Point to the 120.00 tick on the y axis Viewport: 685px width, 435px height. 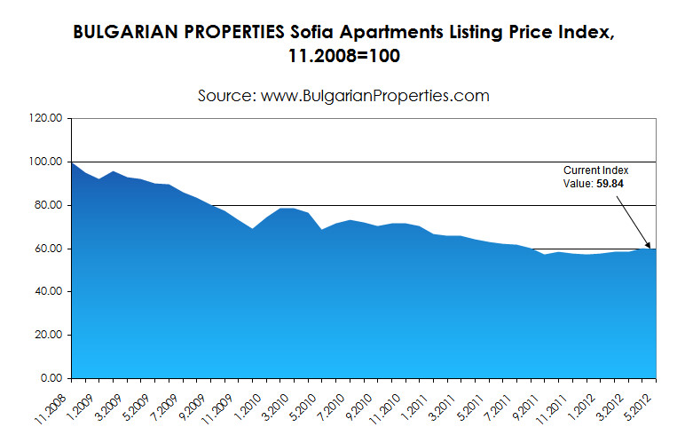click(43, 118)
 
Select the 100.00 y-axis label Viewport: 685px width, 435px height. click(43, 162)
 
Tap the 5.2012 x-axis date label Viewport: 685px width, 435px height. click(641, 398)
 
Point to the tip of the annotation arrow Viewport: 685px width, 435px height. click(650, 248)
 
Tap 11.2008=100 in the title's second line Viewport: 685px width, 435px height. click(342, 56)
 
